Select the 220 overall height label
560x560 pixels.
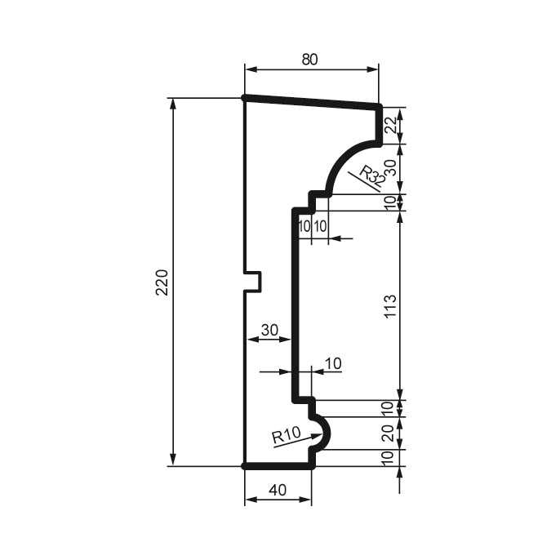pyautogui.click(x=162, y=282)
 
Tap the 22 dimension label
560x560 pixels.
pyautogui.click(x=390, y=125)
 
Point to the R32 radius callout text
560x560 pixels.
pyautogui.click(x=372, y=176)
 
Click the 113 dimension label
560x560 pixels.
pyautogui.click(x=390, y=307)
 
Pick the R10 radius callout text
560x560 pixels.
pyautogui.click(x=287, y=435)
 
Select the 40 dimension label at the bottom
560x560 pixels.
pyautogui.click(x=278, y=490)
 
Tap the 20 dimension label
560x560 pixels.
pyautogui.click(x=390, y=433)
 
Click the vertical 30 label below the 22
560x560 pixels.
pyautogui.click(x=390, y=169)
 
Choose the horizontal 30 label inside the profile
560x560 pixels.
pyautogui.click(x=269, y=330)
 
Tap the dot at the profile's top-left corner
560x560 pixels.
pyautogui.click(x=245, y=98)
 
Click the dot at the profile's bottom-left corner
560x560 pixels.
pyautogui.click(x=245, y=466)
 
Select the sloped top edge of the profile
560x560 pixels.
pyautogui.click(x=312, y=101)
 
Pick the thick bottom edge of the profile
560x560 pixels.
pyautogui.click(x=278, y=466)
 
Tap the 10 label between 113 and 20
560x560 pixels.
pyautogui.click(x=390, y=407)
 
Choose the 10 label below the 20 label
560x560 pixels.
pyautogui.click(x=390, y=458)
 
